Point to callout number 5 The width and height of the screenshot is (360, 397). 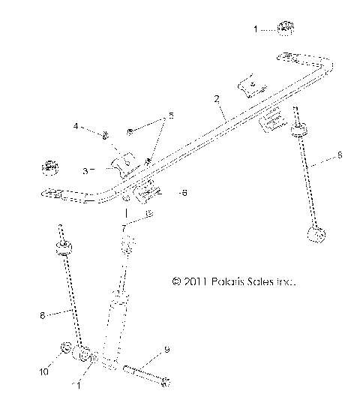[x=170, y=116]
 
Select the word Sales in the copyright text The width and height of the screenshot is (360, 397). [x=261, y=283]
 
